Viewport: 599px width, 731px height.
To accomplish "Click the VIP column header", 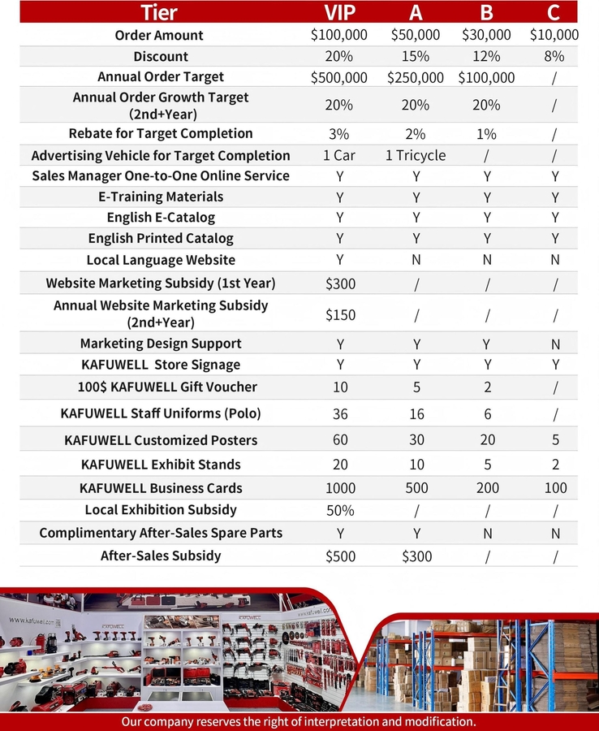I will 339,12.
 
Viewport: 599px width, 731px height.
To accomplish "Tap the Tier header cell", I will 160,12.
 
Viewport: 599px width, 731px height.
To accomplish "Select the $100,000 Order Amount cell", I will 339,35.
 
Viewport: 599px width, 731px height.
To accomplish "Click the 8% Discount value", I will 555,57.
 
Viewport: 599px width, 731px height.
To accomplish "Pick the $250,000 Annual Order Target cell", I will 416,78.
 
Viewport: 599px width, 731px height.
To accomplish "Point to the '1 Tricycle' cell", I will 416,155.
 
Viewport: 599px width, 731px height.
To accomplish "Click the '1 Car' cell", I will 339,155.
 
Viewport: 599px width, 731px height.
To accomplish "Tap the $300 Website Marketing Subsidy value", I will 339,283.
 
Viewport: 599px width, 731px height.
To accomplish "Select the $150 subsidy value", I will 339,314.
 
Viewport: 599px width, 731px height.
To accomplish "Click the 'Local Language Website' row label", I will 161,260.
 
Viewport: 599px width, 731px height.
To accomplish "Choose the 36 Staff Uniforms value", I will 339,414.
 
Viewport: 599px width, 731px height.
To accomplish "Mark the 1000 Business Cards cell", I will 339,489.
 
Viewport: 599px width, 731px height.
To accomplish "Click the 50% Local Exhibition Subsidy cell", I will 339,511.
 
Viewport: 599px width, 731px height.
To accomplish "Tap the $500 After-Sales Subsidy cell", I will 339,556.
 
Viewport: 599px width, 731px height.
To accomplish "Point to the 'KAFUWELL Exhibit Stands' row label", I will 161,465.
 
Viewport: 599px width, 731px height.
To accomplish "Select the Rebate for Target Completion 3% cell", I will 339,134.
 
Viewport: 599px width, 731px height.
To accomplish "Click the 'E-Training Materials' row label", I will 161,197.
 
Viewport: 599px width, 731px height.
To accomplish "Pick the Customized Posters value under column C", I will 555,440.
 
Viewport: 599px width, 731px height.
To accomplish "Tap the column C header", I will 555,12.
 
